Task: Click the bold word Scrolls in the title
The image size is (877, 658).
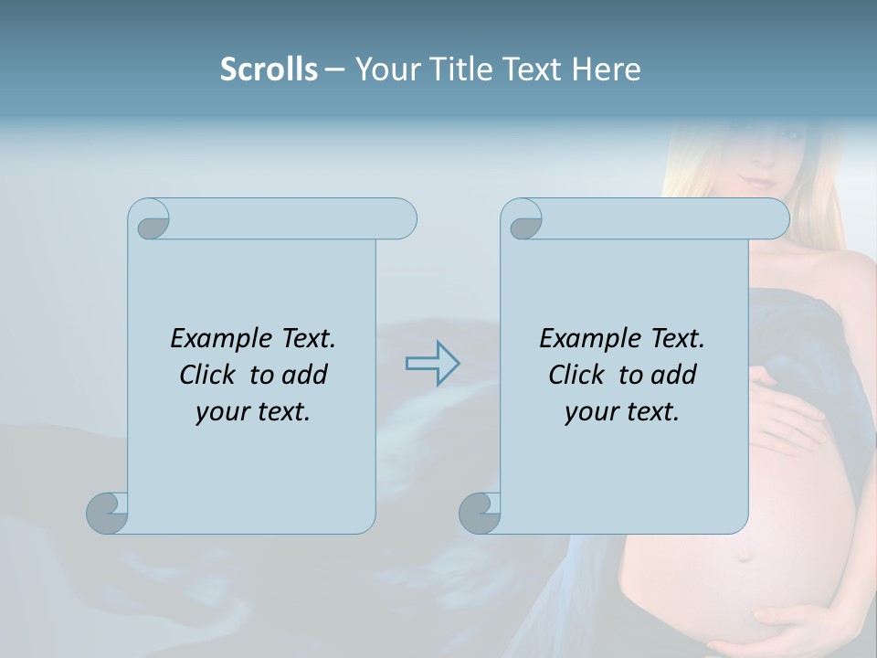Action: (269, 69)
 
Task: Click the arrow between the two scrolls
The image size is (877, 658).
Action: (432, 363)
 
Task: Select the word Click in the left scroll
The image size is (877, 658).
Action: (208, 375)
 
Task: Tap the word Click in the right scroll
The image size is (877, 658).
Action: (576, 375)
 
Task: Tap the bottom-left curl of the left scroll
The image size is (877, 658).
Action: (107, 513)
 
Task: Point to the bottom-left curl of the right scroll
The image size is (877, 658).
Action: (479, 513)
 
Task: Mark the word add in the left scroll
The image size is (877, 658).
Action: (304, 375)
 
